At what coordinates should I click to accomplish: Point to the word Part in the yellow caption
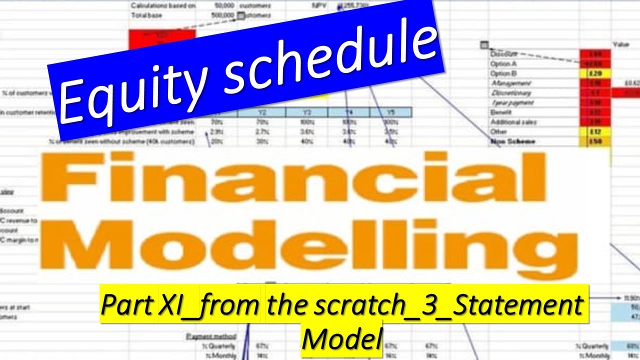(x=128, y=305)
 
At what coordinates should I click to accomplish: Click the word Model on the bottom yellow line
(x=342, y=338)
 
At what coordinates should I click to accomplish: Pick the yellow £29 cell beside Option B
(x=594, y=73)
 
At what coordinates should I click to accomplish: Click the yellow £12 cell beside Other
(x=594, y=131)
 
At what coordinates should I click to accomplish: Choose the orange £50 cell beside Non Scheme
(x=594, y=141)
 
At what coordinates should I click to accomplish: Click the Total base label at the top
(x=146, y=15)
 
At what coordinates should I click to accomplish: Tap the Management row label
(x=510, y=83)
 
